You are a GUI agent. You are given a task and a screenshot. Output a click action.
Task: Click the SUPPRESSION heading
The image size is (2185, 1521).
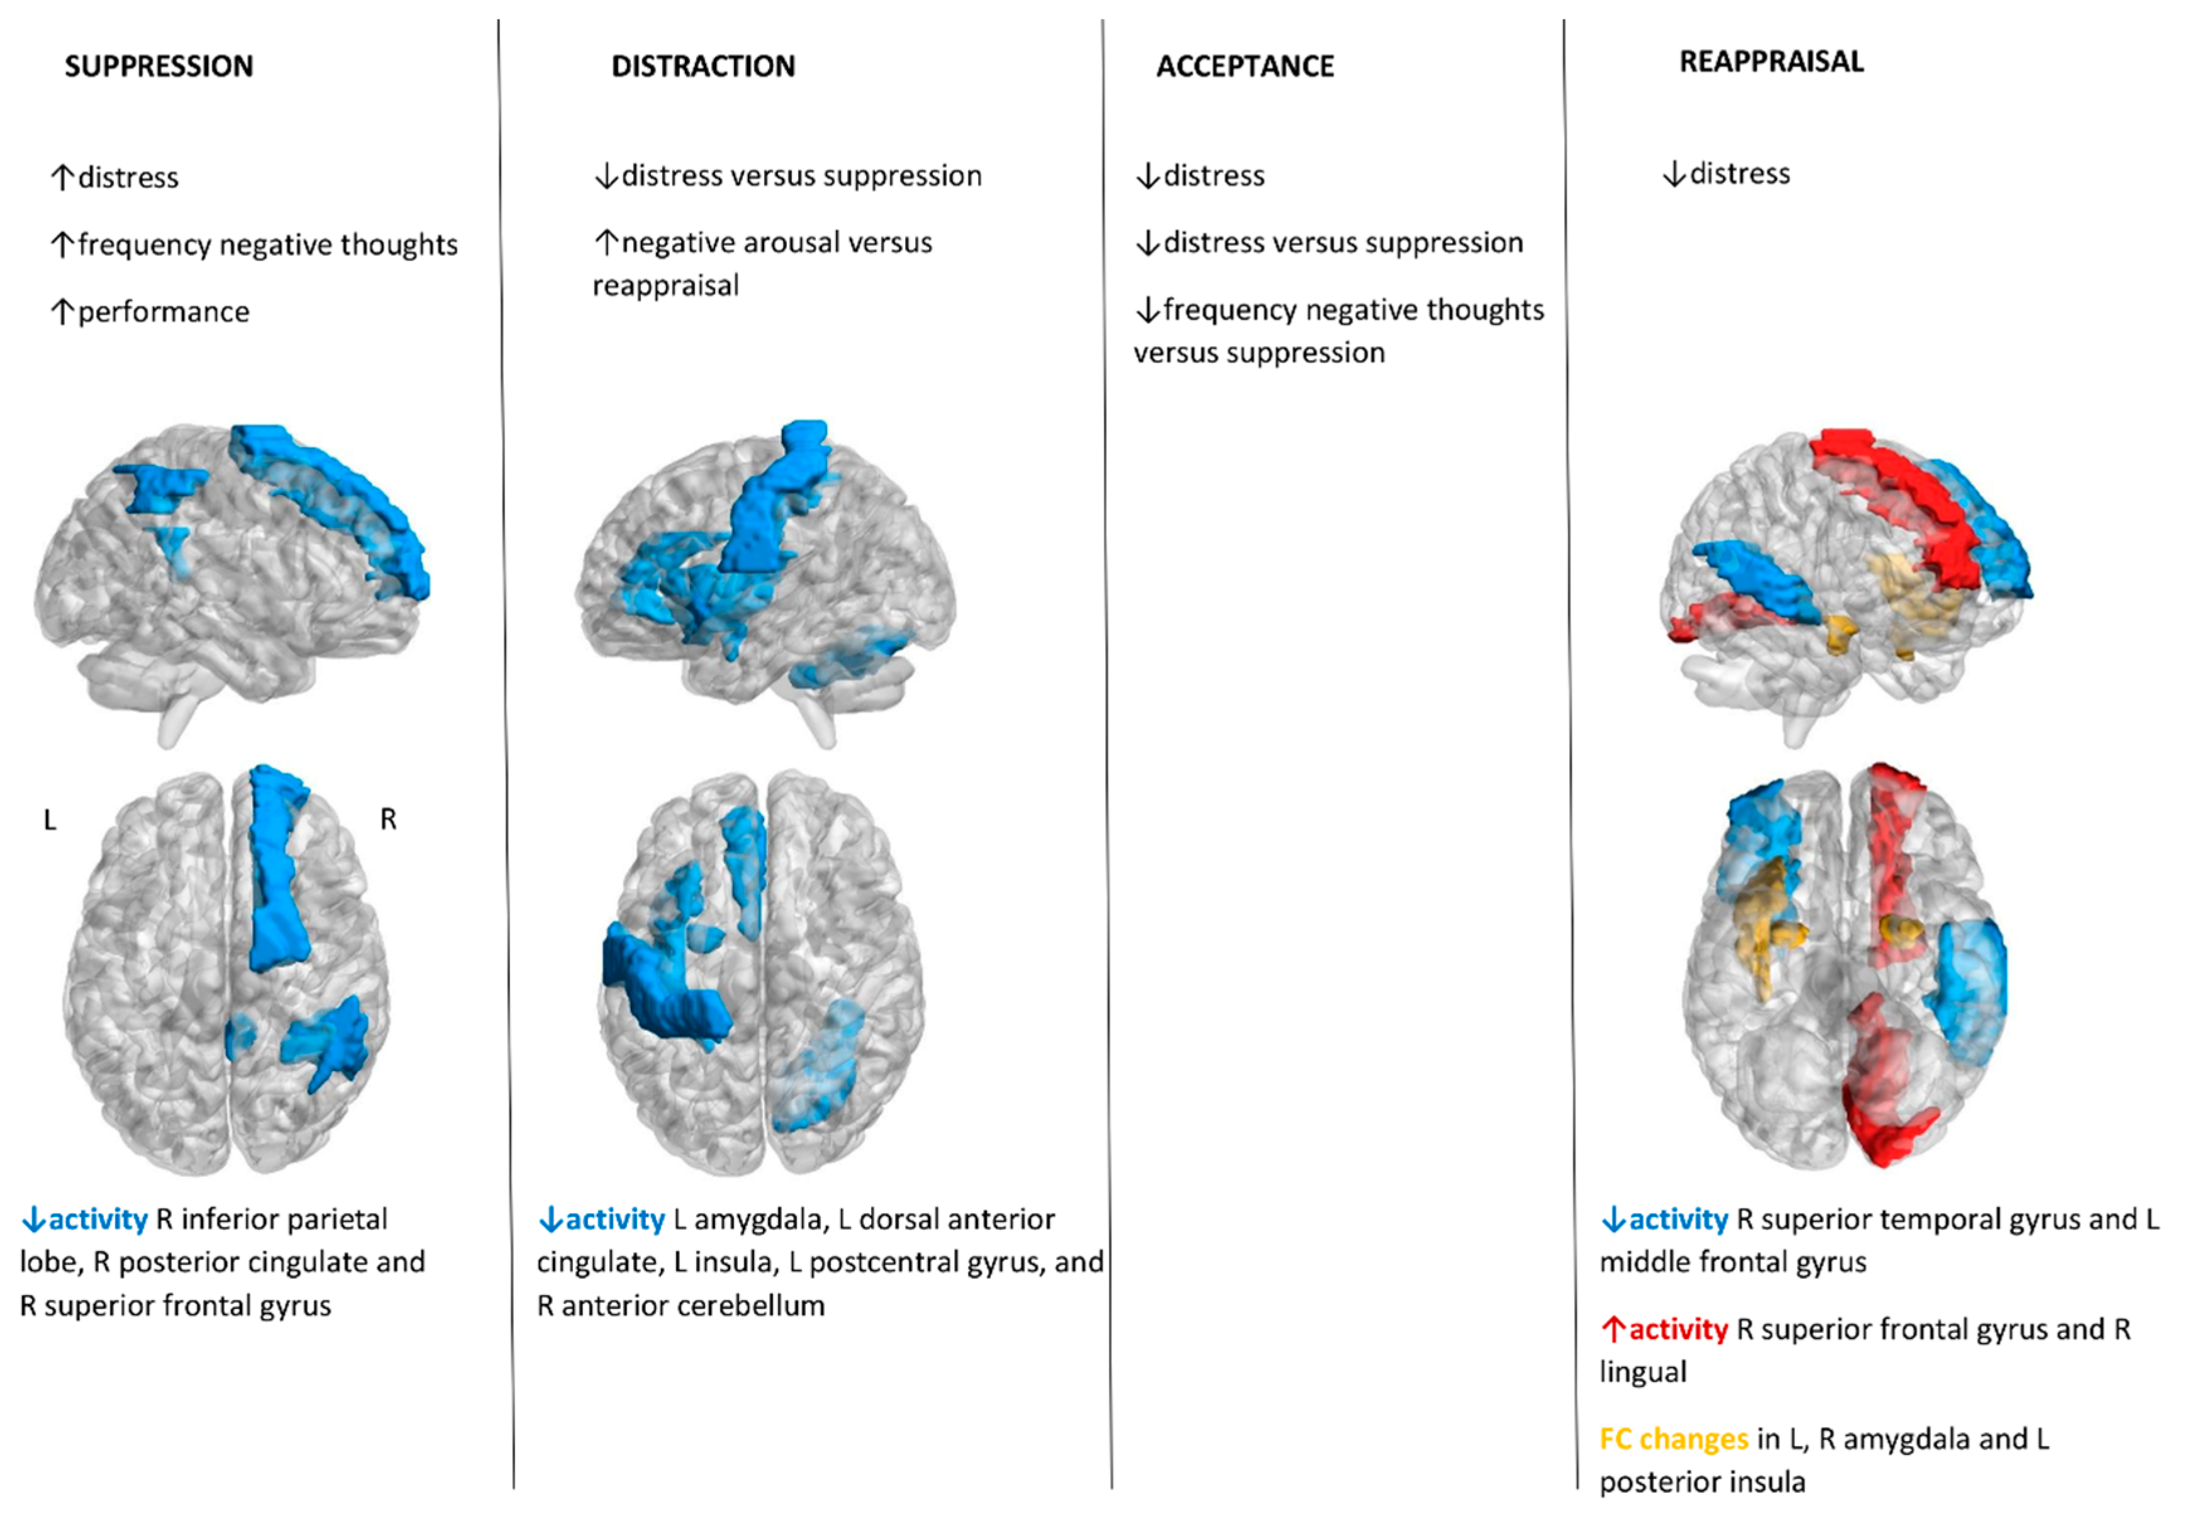coord(159,67)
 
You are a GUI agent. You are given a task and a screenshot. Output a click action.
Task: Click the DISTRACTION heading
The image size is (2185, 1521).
coord(703,67)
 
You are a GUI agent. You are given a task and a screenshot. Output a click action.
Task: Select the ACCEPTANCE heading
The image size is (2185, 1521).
coord(1245,67)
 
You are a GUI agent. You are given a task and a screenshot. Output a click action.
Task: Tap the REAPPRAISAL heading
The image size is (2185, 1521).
coord(1771,62)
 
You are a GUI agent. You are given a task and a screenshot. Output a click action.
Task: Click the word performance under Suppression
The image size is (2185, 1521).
coord(164,312)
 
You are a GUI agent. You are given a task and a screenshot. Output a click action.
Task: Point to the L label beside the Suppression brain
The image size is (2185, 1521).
coord(50,820)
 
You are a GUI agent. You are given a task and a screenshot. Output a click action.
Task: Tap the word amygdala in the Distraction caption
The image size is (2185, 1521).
coord(757,1219)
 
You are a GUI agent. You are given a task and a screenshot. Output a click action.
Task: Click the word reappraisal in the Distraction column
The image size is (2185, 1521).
coord(665,286)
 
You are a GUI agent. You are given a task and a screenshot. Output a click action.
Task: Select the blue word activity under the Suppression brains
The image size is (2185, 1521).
coord(98,1219)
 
